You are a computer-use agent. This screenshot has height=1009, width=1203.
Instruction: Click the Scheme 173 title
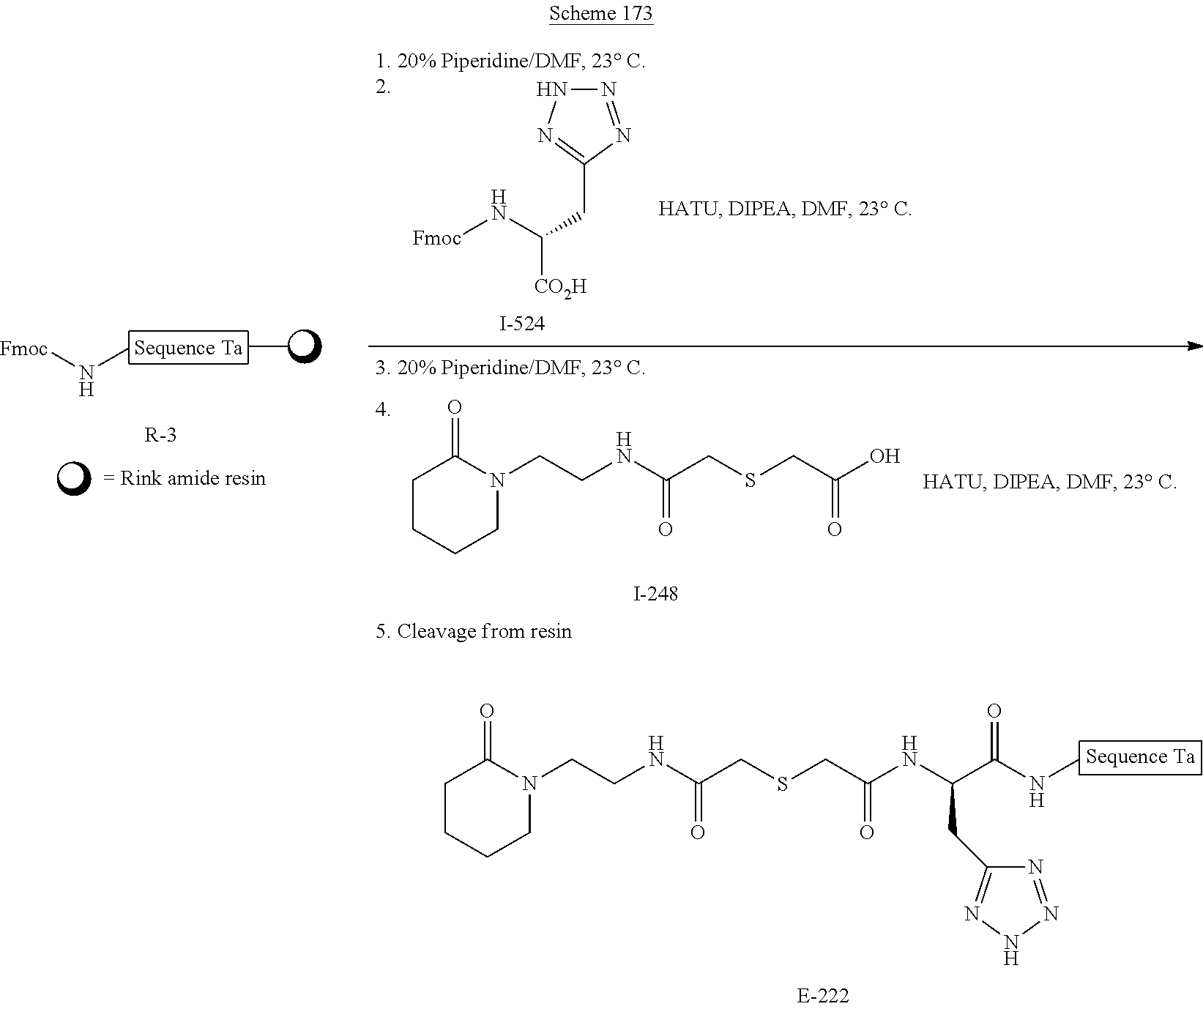pyautogui.click(x=600, y=14)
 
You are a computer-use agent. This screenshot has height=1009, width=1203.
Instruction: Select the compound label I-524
pyautogui.click(x=522, y=323)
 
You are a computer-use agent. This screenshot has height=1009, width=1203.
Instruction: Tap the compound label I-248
pyautogui.click(x=655, y=593)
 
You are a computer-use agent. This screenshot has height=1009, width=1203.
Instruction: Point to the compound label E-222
pyautogui.click(x=822, y=996)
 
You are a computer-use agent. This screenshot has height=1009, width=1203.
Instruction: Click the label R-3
pyautogui.click(x=160, y=435)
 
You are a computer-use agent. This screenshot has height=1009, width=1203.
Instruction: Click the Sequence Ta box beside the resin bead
pyautogui.click(x=188, y=348)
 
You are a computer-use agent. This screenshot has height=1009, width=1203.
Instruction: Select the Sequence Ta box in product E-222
pyautogui.click(x=1139, y=756)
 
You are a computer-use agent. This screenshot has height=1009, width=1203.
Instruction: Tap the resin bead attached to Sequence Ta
pyautogui.click(x=304, y=347)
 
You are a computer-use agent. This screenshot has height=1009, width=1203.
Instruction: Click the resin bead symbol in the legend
pyautogui.click(x=74, y=479)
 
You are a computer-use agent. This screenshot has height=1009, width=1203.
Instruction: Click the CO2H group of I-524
pyautogui.click(x=560, y=286)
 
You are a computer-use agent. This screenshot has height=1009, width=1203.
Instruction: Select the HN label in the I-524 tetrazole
pyautogui.click(x=551, y=90)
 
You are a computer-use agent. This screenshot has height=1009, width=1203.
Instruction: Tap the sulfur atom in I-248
pyautogui.click(x=749, y=481)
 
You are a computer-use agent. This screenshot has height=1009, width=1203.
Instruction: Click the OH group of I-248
pyautogui.click(x=884, y=456)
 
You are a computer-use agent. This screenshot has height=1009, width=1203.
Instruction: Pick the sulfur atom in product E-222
pyautogui.click(x=782, y=784)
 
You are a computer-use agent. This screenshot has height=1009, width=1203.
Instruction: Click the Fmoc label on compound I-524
pyautogui.click(x=437, y=238)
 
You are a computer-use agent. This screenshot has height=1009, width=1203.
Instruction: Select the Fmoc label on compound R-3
pyautogui.click(x=24, y=349)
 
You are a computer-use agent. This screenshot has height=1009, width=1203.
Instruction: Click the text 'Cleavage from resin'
pyautogui.click(x=484, y=631)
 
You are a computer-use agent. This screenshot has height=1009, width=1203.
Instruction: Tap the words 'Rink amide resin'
pyautogui.click(x=193, y=479)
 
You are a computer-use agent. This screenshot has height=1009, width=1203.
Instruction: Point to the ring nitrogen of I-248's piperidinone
pyautogui.click(x=498, y=481)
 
